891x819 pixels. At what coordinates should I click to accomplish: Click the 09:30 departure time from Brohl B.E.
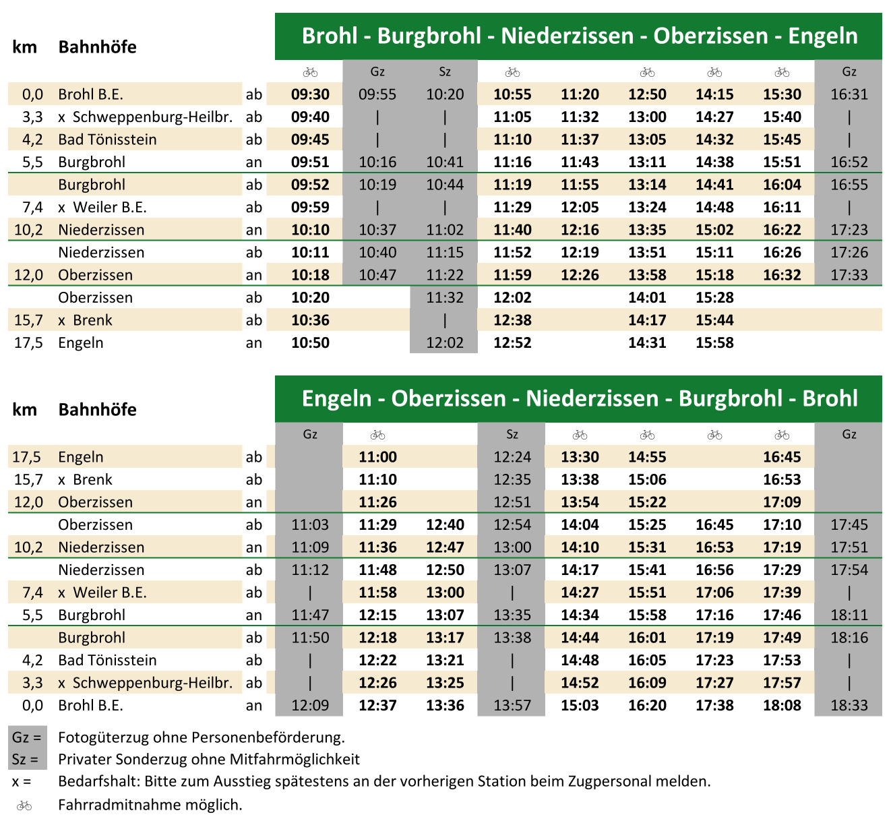coord(310,94)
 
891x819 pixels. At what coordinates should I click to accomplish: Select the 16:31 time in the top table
coord(849,94)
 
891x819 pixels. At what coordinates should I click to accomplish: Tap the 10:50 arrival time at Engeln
coord(310,342)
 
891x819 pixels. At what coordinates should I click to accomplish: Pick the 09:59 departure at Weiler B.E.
coord(310,207)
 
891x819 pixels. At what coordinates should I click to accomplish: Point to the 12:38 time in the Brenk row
coord(512,320)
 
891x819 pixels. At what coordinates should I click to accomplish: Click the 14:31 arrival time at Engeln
coord(647,342)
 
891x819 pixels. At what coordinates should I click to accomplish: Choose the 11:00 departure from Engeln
coord(377,457)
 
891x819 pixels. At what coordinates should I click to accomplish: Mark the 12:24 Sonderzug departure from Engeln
coord(512,457)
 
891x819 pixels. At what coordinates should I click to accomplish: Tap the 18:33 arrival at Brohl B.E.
coord(849,705)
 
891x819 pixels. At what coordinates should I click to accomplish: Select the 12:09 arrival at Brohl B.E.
coord(310,705)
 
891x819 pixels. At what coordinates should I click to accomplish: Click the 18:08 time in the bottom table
coord(782,705)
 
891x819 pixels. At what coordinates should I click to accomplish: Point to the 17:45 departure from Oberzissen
coord(849,524)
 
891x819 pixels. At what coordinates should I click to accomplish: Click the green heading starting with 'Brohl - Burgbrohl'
coord(579,36)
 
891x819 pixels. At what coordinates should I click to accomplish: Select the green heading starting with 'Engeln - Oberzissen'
coord(579,398)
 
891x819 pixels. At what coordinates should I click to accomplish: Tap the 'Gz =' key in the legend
coord(27,737)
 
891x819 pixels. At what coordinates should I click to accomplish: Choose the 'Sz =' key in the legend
coord(26,759)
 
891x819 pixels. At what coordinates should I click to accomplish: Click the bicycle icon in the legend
coord(24,805)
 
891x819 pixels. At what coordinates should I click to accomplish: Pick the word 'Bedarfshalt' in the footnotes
coord(98,782)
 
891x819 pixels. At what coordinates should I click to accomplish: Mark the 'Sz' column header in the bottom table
coord(512,434)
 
